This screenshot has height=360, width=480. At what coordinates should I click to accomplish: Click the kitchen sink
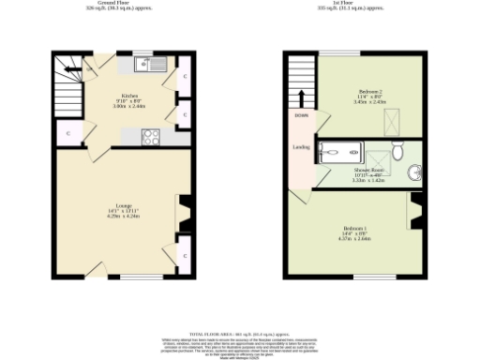(x=149, y=65)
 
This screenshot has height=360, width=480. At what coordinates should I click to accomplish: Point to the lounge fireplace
(x=184, y=213)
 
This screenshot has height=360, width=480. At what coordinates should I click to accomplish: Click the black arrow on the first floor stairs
(x=302, y=97)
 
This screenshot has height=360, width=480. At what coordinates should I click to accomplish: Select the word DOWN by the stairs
(x=301, y=115)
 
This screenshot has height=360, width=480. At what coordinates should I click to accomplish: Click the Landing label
(x=301, y=146)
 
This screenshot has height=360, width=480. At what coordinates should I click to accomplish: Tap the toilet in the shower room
(x=397, y=150)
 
